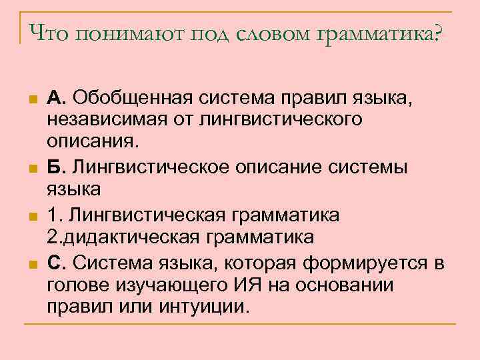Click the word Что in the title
49,33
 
